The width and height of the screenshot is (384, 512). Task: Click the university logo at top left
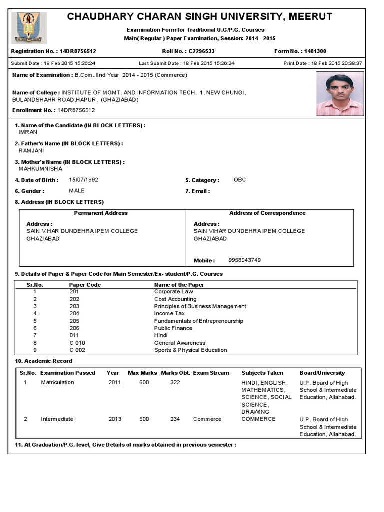tap(29, 28)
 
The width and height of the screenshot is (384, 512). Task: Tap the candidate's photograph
tap(340, 94)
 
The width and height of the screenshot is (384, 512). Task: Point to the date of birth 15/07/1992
tap(83, 180)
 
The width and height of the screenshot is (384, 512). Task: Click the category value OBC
tap(240, 180)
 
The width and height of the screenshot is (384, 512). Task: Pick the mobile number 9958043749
tap(244, 260)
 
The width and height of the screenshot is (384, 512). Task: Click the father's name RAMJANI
tap(31, 150)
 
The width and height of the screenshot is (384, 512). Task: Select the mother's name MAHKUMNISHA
tap(40, 169)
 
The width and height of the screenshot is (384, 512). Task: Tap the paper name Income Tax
tap(169, 314)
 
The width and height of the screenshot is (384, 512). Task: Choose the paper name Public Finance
tap(173, 328)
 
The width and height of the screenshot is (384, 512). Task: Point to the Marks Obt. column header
tap(174, 373)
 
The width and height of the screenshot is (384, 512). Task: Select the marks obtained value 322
tap(175, 382)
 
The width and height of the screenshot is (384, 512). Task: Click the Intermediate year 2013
tap(115, 419)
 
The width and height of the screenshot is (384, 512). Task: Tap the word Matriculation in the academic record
tap(57, 382)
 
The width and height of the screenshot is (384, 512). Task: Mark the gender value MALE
tap(77, 191)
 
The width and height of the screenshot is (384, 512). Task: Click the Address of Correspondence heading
tap(267, 213)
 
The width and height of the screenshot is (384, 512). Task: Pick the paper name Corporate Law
tap(173, 292)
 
